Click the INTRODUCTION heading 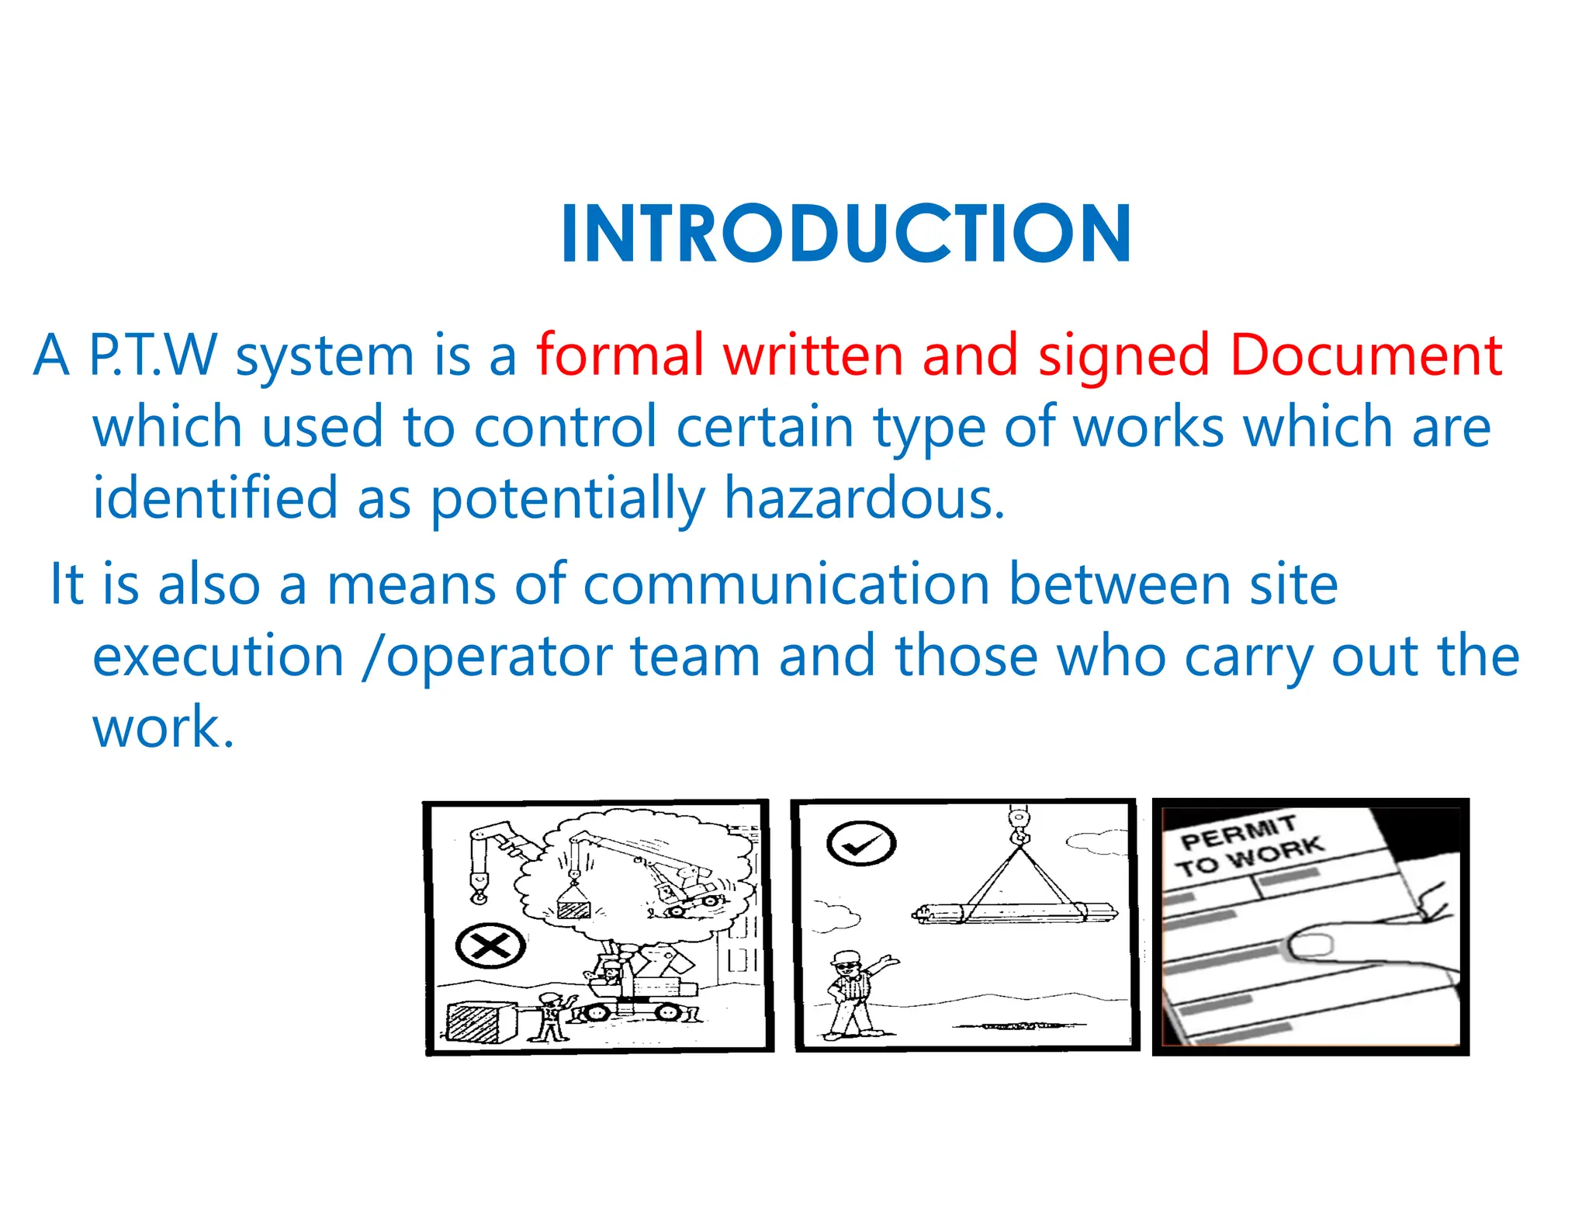846,233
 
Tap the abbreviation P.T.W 153,356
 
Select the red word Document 1366,356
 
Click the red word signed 1123,356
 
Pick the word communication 786,584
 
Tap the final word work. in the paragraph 163,727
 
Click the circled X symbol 490,946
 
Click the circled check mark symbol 861,843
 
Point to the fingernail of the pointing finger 1310,945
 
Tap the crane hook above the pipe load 1018,826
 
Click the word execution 218,656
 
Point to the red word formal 620,356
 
